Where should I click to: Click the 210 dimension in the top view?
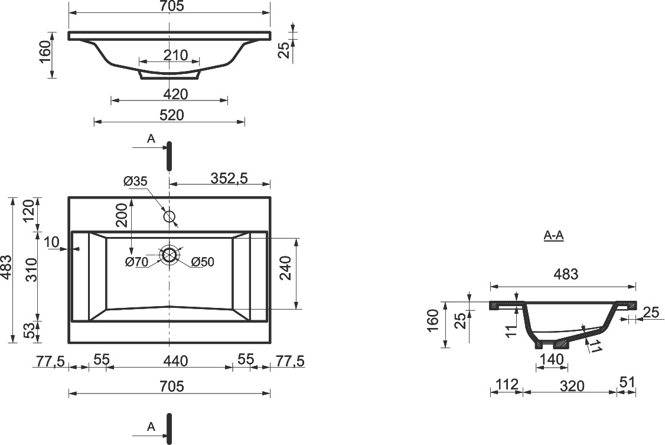[175, 55]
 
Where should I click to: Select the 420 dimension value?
[175, 94]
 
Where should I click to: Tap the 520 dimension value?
[172, 115]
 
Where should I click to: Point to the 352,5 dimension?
[229, 178]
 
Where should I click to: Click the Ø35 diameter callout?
[135, 181]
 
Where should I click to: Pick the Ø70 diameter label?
[137, 262]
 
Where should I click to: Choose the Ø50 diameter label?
[203, 262]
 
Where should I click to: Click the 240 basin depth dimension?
[286, 268]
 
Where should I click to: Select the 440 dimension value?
[175, 361]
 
